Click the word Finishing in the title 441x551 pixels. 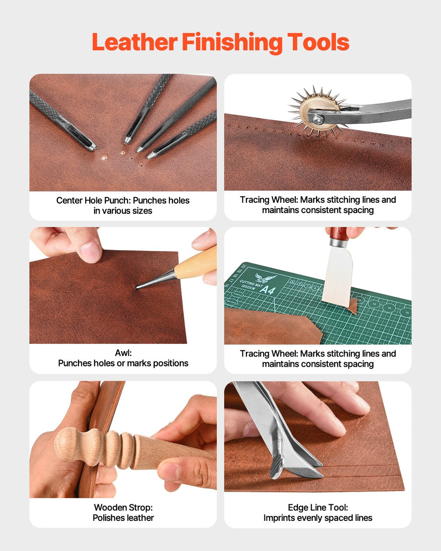233,43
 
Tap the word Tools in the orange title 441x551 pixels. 318,41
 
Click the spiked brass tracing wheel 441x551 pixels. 318,111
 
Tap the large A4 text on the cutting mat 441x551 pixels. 268,290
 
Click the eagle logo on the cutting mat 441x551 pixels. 266,278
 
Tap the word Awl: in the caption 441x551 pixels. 123,353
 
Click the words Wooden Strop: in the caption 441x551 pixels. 123,507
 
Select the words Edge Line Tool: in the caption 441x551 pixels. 318,507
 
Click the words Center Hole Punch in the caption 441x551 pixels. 93,200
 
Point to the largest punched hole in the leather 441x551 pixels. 104,158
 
